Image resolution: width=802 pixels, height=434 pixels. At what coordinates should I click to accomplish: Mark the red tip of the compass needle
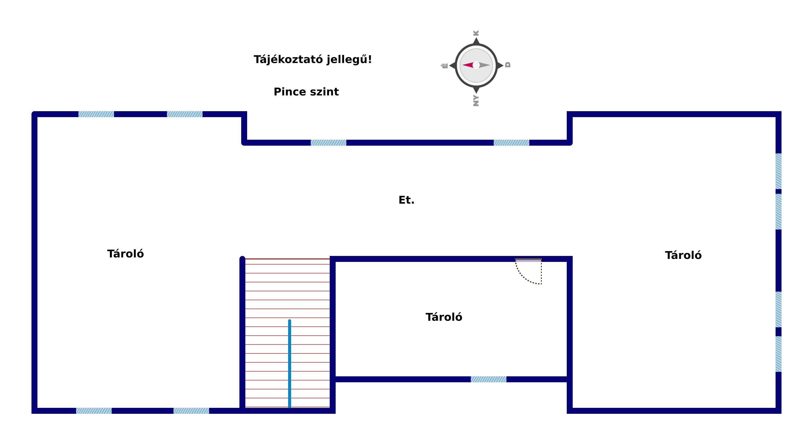coord(462,65)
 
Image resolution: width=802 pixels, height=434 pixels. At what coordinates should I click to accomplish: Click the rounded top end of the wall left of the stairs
coord(242,258)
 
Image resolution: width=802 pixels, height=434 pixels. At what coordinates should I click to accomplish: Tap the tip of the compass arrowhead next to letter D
coord(503,65)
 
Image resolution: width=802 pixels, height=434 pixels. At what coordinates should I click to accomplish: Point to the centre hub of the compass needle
coord(476,65)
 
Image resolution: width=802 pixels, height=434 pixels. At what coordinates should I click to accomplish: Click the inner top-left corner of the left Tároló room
coord(37,117)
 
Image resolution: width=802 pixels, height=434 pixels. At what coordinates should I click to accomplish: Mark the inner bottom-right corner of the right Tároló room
coord(776,408)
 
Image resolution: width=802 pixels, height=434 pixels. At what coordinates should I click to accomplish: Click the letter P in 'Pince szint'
coord(277,92)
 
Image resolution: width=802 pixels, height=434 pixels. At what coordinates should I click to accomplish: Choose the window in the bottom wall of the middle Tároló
coord(489,379)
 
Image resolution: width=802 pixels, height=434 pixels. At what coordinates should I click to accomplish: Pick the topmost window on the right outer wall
coord(778,171)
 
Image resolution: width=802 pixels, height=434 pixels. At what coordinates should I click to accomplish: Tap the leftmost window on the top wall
coord(96,114)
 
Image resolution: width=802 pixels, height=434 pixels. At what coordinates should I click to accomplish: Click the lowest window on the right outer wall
coord(778,354)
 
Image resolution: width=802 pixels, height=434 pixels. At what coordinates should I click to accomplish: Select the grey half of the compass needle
coord(485,65)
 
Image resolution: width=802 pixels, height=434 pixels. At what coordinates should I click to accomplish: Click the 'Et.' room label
coord(406,200)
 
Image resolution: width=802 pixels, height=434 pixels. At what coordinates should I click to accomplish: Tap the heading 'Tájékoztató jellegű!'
coord(312,59)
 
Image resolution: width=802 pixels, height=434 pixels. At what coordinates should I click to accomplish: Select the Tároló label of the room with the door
coord(444,317)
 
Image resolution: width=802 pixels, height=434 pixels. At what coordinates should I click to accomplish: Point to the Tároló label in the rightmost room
coord(683,255)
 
